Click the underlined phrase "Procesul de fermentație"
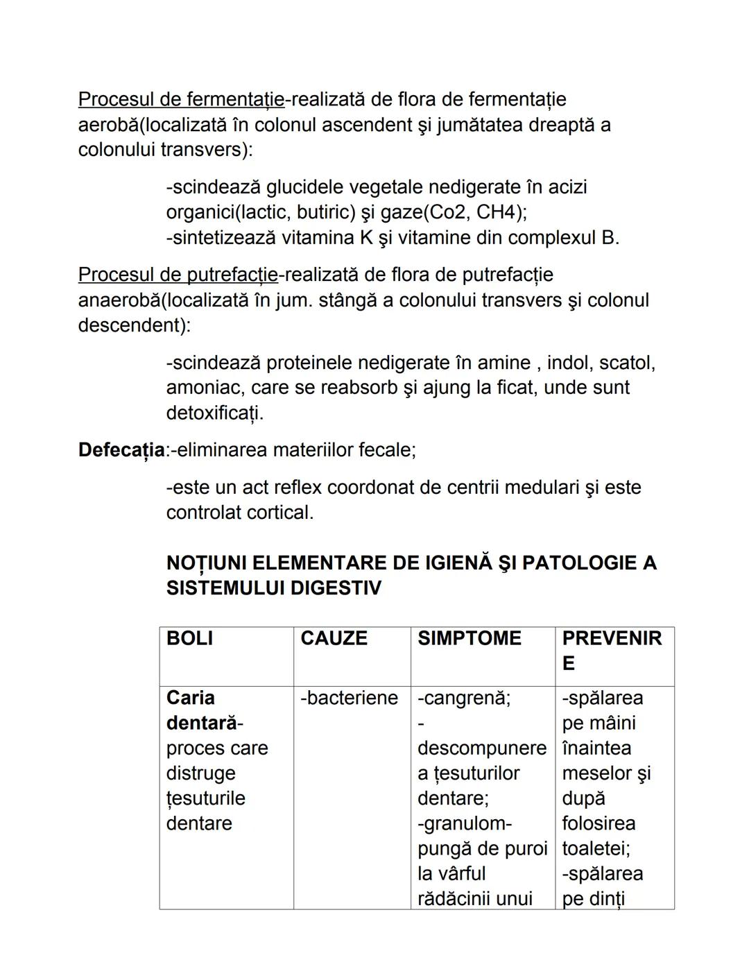pyautogui.click(x=181, y=100)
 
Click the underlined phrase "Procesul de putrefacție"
pyautogui.click(x=178, y=275)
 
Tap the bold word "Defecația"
pyautogui.click(x=121, y=450)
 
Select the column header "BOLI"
pyautogui.click(x=189, y=639)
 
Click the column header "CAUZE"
pyautogui.click(x=334, y=639)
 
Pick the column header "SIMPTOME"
pyautogui.click(x=469, y=639)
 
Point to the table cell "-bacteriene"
pyautogui.click(x=349, y=698)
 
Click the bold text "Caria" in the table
pyautogui.click(x=190, y=698)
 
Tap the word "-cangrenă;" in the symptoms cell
pyautogui.click(x=463, y=698)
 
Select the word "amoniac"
pyautogui.click(x=202, y=388)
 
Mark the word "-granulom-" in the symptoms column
pyautogui.click(x=464, y=823)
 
